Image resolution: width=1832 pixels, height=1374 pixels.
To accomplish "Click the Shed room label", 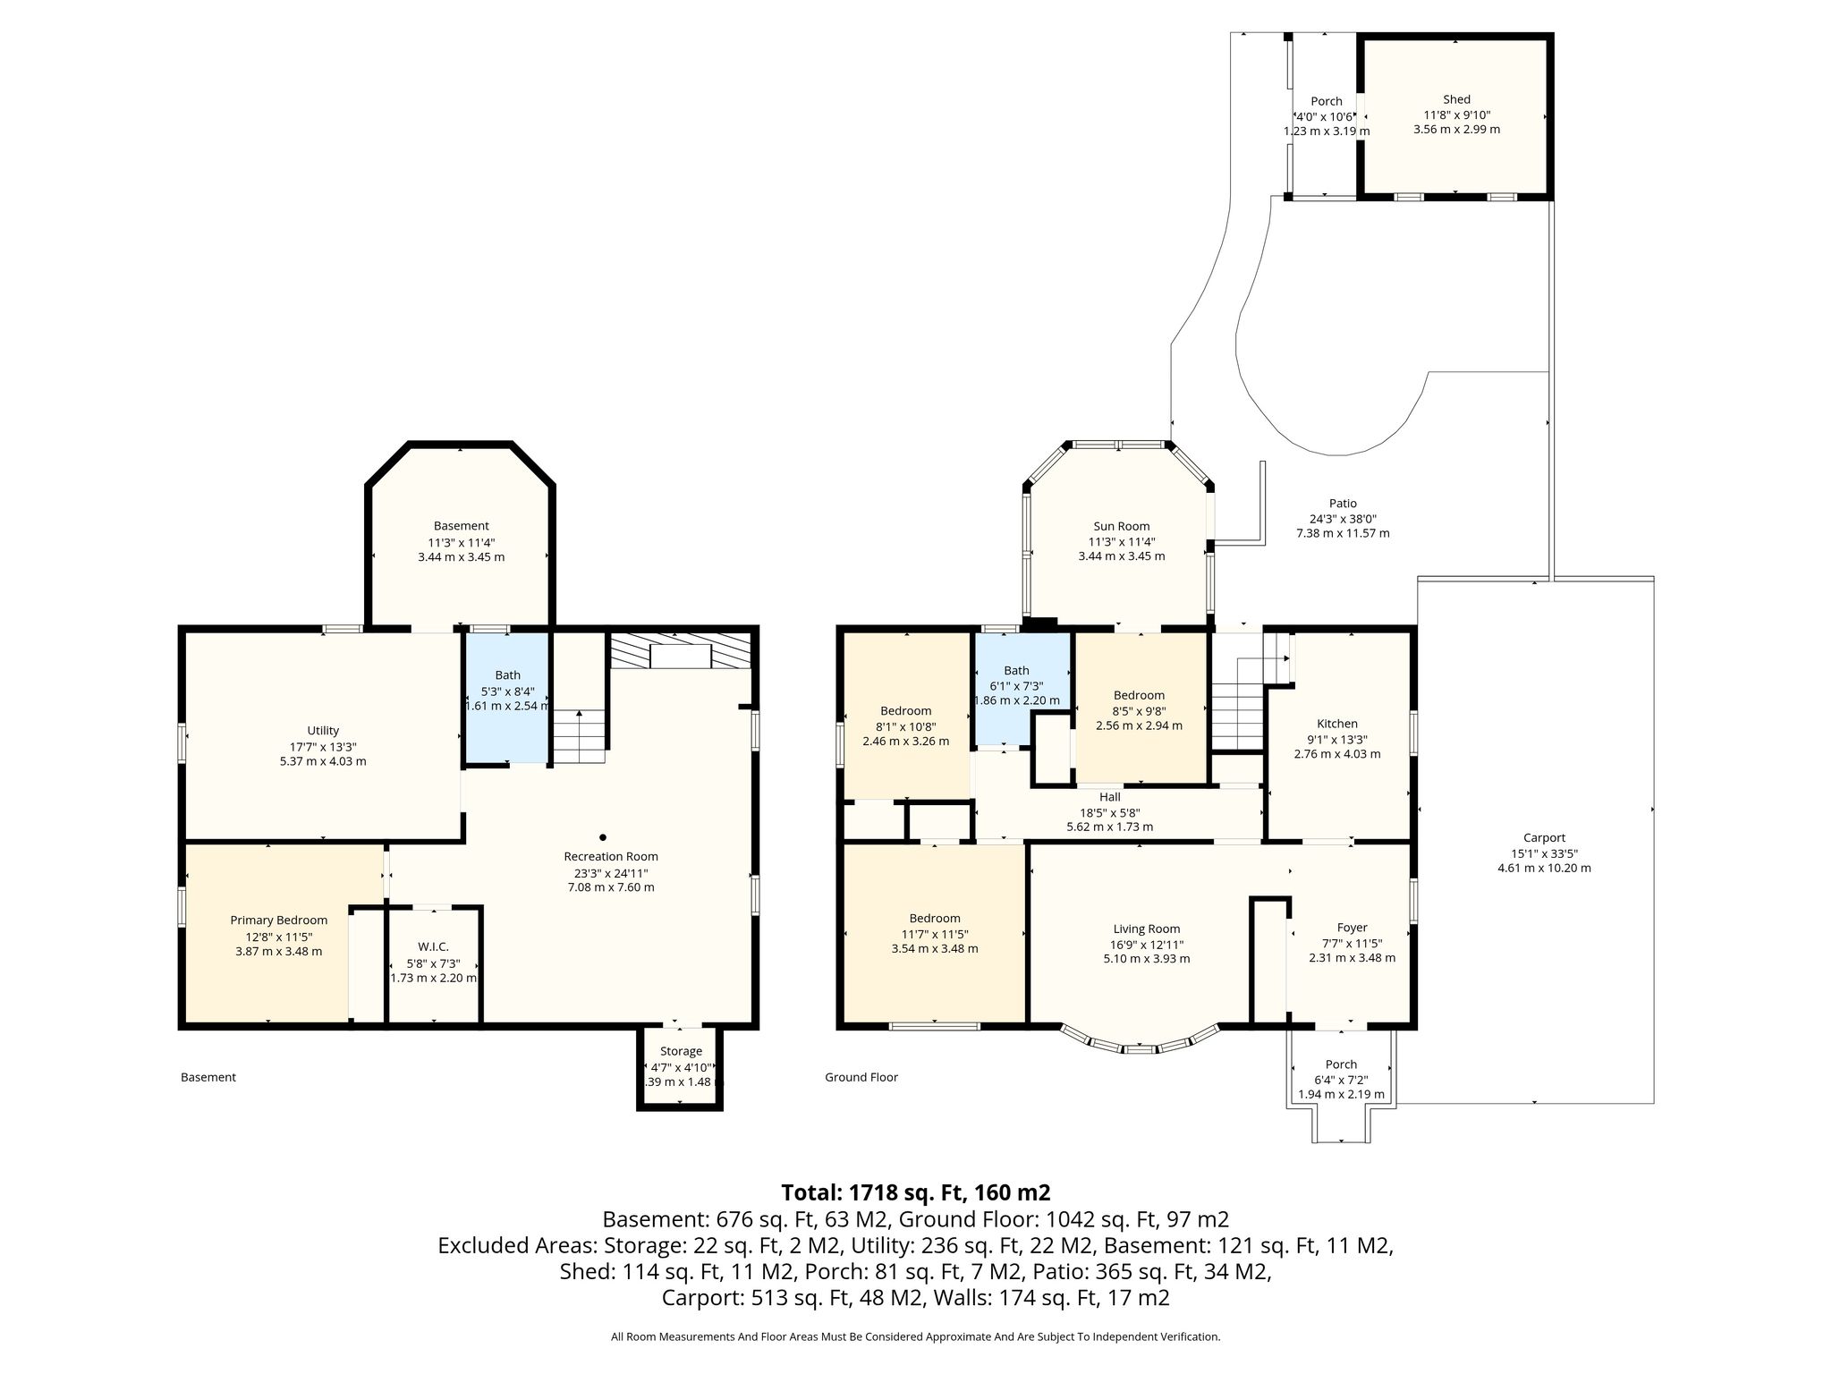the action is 1456,99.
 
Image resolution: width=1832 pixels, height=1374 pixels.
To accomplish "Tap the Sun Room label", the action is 1121,526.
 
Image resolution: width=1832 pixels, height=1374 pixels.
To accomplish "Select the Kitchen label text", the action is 1337,724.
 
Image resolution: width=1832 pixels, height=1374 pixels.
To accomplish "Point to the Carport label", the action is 1544,838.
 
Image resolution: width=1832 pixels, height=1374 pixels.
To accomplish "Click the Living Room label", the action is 1147,929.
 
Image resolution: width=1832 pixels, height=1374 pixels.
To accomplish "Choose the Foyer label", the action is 1352,928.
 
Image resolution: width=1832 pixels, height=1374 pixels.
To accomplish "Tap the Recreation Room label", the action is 611,856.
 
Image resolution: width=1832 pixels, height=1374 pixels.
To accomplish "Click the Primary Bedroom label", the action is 279,920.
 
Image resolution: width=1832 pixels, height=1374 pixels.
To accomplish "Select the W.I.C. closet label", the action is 433,946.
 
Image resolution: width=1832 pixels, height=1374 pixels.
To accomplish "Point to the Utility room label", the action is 323,731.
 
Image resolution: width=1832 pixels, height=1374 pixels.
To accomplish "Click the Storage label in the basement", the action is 681,1051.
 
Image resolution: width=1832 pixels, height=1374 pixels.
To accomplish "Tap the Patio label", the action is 1343,504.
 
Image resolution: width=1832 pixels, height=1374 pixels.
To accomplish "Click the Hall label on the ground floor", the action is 1109,797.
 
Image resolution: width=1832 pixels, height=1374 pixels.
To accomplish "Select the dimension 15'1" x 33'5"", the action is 1544,853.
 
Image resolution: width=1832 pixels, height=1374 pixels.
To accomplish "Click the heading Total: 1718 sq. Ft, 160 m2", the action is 916,1192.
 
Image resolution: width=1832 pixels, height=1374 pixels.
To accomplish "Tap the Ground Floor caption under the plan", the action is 861,1077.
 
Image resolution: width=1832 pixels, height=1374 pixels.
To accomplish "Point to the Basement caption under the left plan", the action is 208,1077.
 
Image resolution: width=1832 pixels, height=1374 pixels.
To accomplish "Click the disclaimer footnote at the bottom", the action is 916,1337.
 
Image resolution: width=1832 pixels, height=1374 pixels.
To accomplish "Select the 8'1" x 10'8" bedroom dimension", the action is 905,726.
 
